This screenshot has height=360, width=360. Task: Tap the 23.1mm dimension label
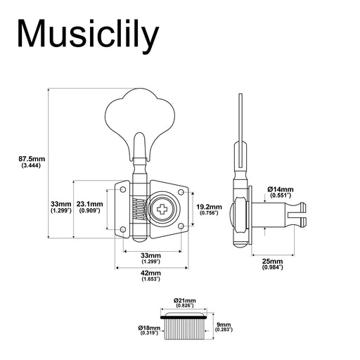[90, 204]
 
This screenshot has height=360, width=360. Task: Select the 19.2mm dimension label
[208, 207]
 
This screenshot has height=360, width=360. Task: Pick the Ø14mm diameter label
[280, 190]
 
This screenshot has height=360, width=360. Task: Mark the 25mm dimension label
[271, 260]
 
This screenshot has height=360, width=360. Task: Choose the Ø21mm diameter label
[185, 300]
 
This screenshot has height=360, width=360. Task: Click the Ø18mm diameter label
[150, 328]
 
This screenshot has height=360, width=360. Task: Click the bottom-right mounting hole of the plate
[181, 226]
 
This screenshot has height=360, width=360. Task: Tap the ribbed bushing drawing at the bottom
[185, 328]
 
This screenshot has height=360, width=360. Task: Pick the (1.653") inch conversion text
[150, 279]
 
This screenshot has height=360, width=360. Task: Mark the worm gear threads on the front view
[138, 209]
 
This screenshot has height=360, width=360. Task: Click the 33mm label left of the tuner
[60, 204]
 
